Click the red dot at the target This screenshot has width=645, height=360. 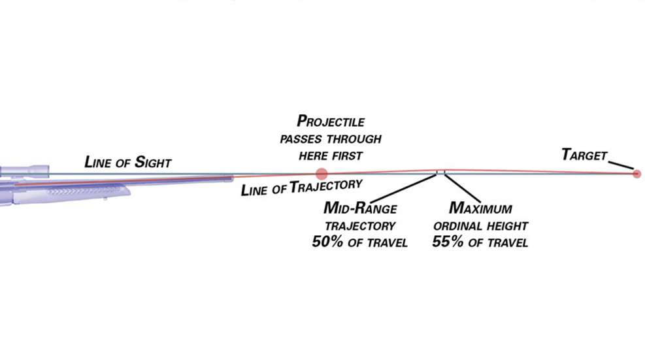tap(637, 174)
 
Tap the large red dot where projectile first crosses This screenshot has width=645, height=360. tap(321, 174)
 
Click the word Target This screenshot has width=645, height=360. tap(584, 155)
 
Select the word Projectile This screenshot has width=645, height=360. tap(331, 122)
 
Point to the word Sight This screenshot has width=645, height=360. tap(152, 162)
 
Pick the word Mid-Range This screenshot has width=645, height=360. tap(359, 210)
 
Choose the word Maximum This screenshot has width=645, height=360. tap(480, 210)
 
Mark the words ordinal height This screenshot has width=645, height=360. tap(481, 226)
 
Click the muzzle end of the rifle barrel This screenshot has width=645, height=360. tap(231, 178)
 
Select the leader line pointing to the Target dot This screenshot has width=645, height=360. tap(622, 163)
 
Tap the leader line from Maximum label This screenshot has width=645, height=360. tap(462, 188)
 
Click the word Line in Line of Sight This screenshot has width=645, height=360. tap(98, 162)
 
